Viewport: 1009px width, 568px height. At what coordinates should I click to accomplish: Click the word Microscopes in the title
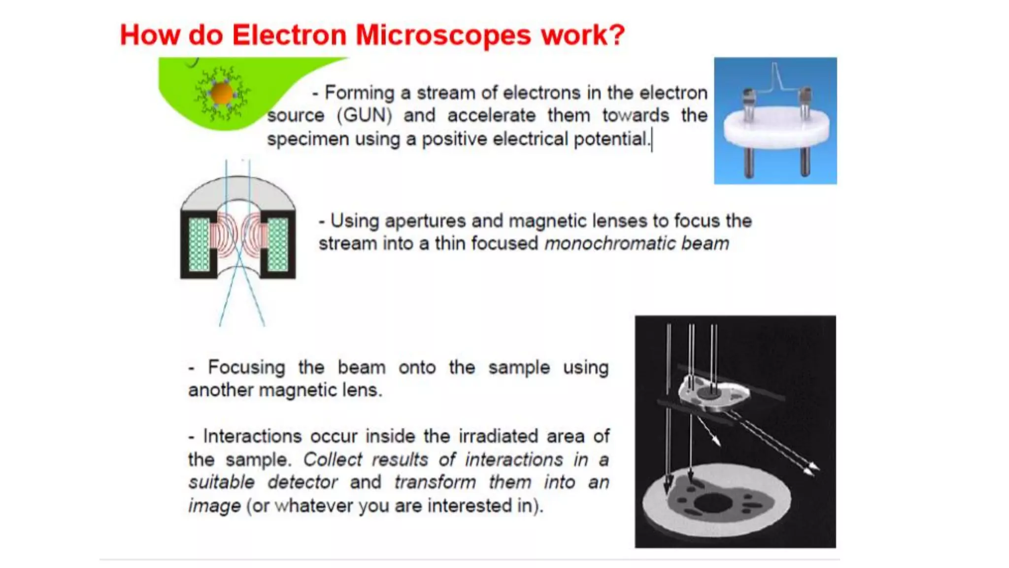coord(443,35)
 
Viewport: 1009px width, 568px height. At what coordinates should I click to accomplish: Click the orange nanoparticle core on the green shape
coord(221,93)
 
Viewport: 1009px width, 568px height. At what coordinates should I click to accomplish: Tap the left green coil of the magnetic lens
coord(199,244)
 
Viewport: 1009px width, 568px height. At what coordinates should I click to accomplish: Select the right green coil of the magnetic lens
coord(277,244)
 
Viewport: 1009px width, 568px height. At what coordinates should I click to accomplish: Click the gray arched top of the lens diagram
coord(238,190)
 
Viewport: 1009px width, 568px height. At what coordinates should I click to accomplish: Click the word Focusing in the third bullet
coord(246,367)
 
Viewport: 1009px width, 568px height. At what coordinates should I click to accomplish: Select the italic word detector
coord(303,482)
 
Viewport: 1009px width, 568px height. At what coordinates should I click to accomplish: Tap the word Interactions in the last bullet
coord(252,436)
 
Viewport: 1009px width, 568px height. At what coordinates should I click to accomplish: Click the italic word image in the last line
coord(214,506)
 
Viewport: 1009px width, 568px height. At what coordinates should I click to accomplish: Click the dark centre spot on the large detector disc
coord(713,504)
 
